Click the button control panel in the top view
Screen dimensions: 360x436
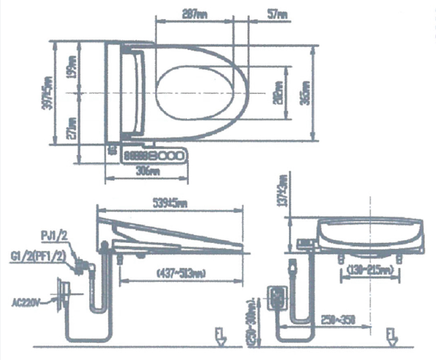click(153, 156)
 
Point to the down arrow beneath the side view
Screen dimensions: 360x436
click(219, 336)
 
